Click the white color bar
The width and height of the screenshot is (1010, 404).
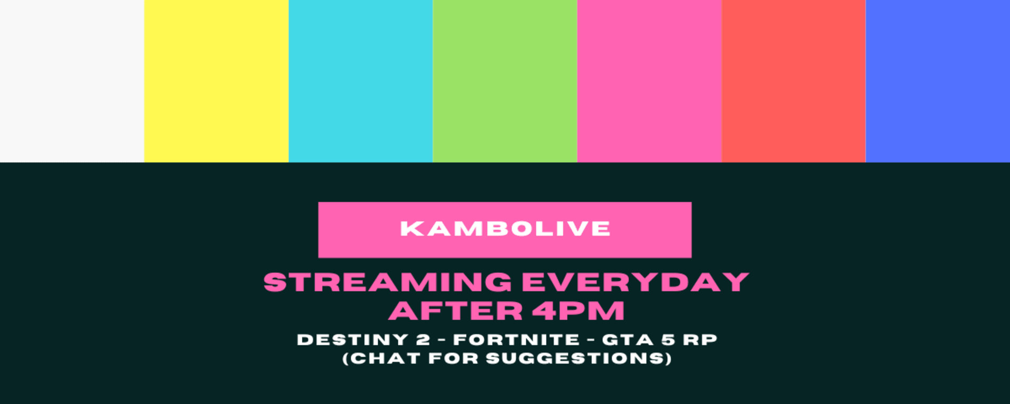pyautogui.click(x=72, y=81)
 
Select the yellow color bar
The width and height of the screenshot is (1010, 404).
pyautogui.click(x=216, y=81)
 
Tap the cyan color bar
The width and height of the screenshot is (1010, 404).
pyautogui.click(x=361, y=81)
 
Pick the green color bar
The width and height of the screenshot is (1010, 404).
pyautogui.click(x=505, y=81)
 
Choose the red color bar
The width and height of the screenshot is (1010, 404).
pyautogui.click(x=794, y=81)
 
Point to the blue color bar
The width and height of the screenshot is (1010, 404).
pyautogui.click(x=938, y=81)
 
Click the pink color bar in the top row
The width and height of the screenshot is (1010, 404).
pyautogui.click(x=650, y=81)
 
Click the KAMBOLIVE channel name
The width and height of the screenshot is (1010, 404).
pyautogui.click(x=505, y=229)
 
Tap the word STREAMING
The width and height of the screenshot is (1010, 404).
pyautogui.click(x=388, y=282)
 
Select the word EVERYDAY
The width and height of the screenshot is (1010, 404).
pyautogui.click(x=635, y=282)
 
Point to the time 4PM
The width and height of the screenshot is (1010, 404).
pyautogui.click(x=578, y=310)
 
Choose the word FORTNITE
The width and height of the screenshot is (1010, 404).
pyautogui.click(x=517, y=340)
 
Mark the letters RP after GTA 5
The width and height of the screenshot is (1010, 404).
pyautogui.click(x=700, y=340)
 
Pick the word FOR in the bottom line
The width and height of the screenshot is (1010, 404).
pyautogui.click(x=453, y=358)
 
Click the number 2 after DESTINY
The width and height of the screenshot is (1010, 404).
pyautogui.click(x=423, y=340)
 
